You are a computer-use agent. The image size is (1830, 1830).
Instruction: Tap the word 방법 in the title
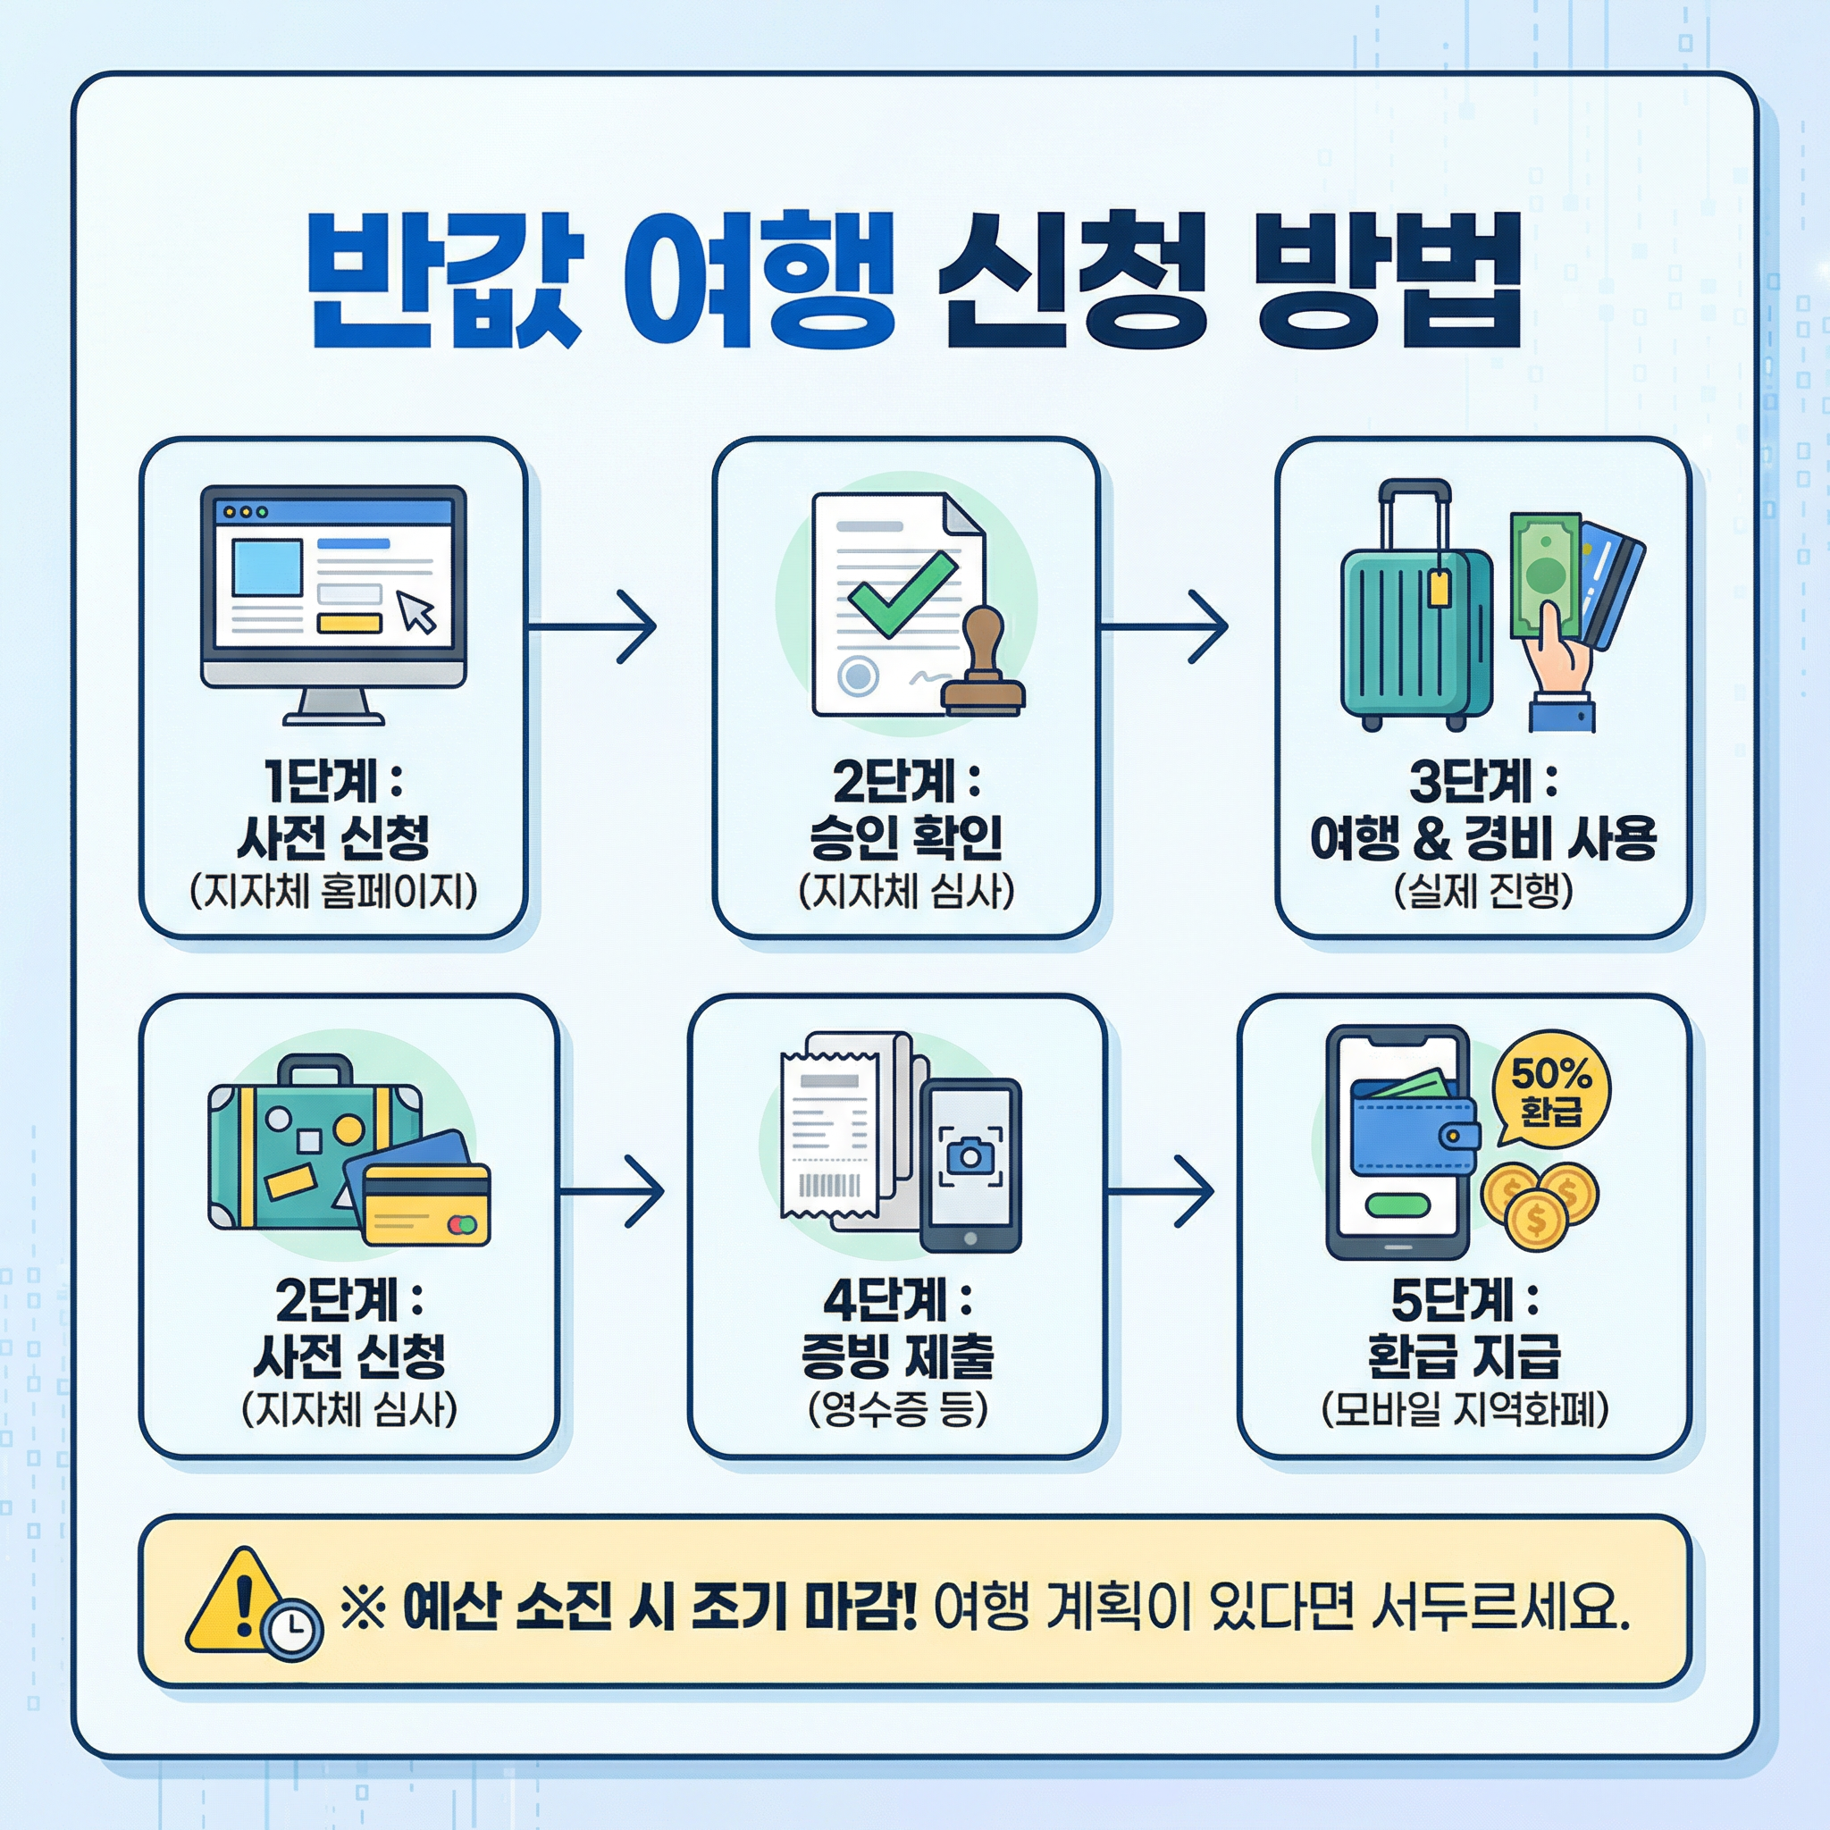[x=1388, y=281]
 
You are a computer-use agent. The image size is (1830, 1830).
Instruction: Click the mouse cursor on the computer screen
[x=416, y=612]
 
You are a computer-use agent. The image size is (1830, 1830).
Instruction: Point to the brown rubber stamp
[x=983, y=663]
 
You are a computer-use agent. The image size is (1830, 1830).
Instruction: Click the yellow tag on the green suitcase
[x=1438, y=587]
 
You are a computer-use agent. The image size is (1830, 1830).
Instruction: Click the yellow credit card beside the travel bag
[x=427, y=1203]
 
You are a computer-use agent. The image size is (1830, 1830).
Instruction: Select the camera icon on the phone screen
[x=970, y=1156]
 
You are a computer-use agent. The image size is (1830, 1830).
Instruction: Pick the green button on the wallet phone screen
[x=1398, y=1205]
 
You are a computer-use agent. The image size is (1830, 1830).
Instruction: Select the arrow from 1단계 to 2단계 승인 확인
[x=592, y=626]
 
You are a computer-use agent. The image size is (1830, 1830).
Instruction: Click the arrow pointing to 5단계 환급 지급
[x=1161, y=1190]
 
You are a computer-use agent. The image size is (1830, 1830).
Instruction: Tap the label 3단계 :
[x=1482, y=782]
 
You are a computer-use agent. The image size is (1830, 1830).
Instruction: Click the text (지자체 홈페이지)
[x=333, y=891]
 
